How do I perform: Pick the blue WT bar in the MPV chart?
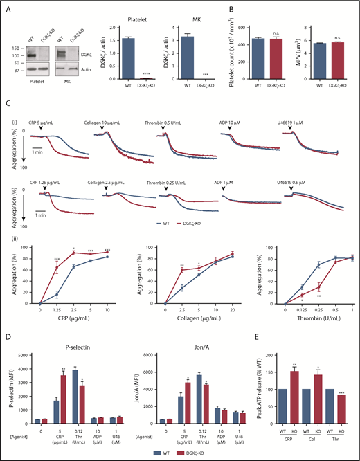pos(316,60)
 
